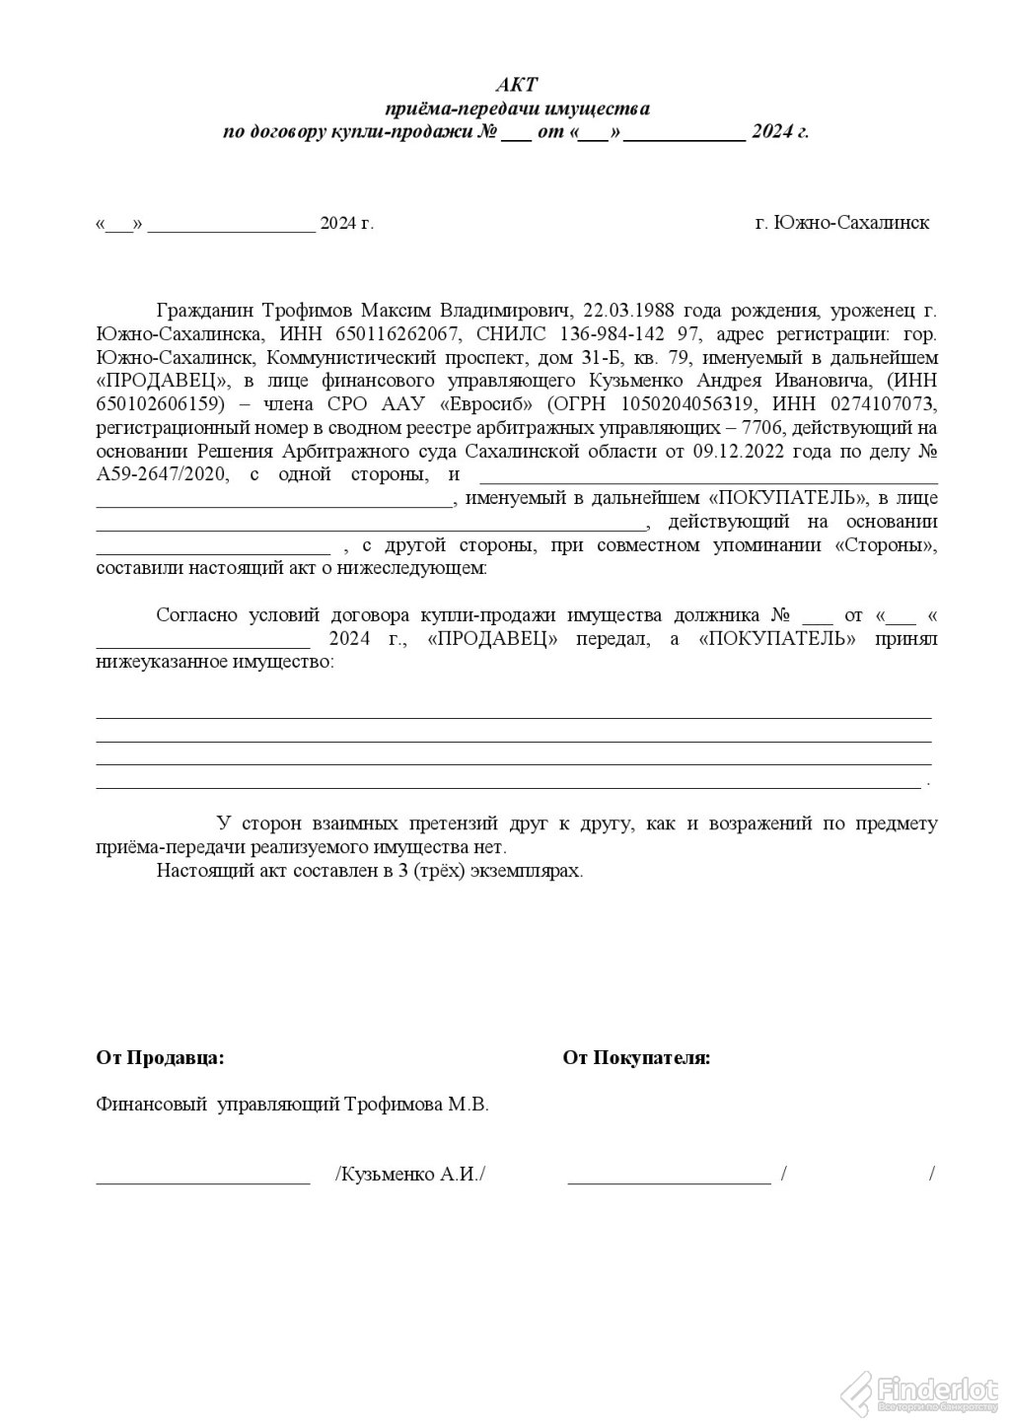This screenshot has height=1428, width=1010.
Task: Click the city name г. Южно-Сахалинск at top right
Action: [842, 223]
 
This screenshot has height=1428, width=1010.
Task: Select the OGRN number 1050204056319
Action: [682, 403]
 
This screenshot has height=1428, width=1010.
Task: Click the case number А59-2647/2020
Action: [162, 474]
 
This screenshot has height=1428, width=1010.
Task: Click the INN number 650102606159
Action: [154, 403]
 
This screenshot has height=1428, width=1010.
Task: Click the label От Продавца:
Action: [160, 1058]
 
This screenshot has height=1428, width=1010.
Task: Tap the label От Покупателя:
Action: [636, 1058]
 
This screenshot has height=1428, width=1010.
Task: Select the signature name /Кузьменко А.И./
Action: [410, 1175]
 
